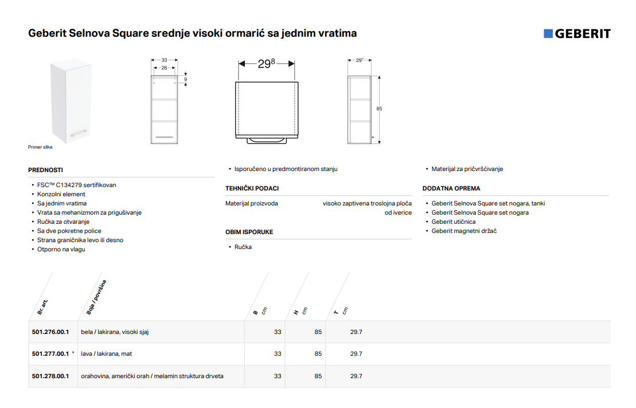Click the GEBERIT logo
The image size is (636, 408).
click(577, 34)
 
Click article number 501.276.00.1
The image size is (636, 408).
click(50, 332)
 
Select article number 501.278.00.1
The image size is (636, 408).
click(50, 376)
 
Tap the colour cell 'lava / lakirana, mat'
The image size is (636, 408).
click(106, 354)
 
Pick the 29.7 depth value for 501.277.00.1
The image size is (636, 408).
click(356, 354)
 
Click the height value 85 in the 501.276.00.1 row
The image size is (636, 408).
click(318, 332)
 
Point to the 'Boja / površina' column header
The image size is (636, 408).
click(96, 297)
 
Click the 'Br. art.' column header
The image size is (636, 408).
click(42, 307)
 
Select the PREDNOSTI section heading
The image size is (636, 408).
click(45, 170)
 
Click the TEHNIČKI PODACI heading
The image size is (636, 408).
click(252, 188)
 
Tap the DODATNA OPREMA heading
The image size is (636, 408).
click(451, 188)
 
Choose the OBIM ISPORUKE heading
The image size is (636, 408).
click(249, 232)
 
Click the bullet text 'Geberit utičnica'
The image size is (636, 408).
click(454, 222)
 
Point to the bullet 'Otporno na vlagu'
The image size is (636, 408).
click(61, 249)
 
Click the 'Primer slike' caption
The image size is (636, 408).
click(40, 147)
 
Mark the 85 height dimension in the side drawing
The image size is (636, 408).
click(379, 109)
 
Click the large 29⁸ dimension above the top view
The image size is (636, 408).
click(267, 63)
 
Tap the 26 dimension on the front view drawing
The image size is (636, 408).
click(164, 68)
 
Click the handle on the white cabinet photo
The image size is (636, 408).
click(79, 133)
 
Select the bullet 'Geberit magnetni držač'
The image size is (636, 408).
click(464, 231)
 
